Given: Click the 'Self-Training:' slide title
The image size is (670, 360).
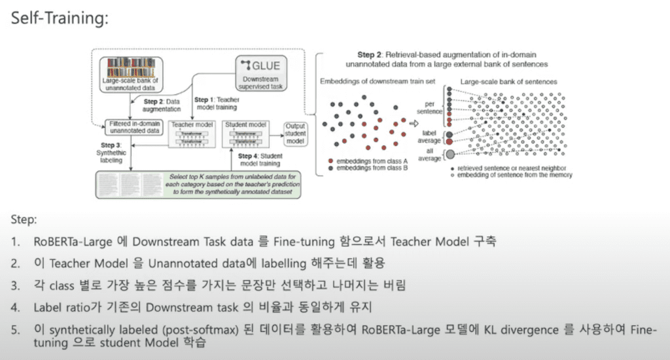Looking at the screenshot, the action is pos(58,19).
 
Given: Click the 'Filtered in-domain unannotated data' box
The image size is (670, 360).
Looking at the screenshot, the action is pos(134,126).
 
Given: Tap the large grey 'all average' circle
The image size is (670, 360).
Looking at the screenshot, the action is pos(450,154).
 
